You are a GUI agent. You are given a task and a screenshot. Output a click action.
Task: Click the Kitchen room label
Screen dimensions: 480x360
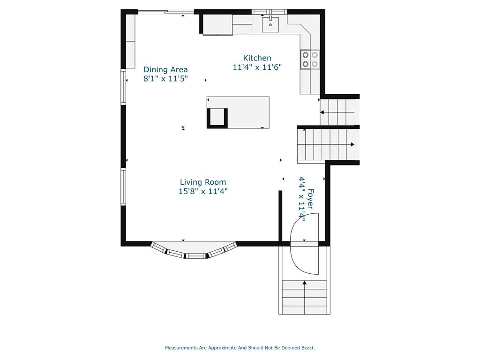[257, 58]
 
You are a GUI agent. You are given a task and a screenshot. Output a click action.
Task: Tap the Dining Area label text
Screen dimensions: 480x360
[165, 69]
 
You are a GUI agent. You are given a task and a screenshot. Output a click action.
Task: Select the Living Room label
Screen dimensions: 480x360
[203, 182]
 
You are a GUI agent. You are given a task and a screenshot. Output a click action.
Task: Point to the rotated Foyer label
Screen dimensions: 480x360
[310, 199]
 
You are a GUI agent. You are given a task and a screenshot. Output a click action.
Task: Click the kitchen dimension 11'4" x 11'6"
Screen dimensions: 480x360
[257, 67]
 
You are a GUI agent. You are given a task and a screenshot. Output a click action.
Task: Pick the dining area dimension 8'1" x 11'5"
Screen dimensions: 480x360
[165, 79]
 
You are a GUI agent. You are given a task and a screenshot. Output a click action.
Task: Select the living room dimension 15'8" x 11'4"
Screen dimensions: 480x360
[203, 191]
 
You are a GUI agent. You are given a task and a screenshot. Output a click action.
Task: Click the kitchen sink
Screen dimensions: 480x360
[270, 24]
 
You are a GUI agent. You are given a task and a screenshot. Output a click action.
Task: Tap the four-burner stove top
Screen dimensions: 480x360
[310, 60]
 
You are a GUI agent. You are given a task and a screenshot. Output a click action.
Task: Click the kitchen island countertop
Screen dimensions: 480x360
[238, 112]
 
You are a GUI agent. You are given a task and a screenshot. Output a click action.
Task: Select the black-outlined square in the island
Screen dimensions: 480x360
[217, 118]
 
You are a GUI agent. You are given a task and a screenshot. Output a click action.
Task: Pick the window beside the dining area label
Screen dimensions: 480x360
[123, 87]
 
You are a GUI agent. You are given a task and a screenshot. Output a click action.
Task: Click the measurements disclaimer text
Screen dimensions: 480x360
[240, 348]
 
